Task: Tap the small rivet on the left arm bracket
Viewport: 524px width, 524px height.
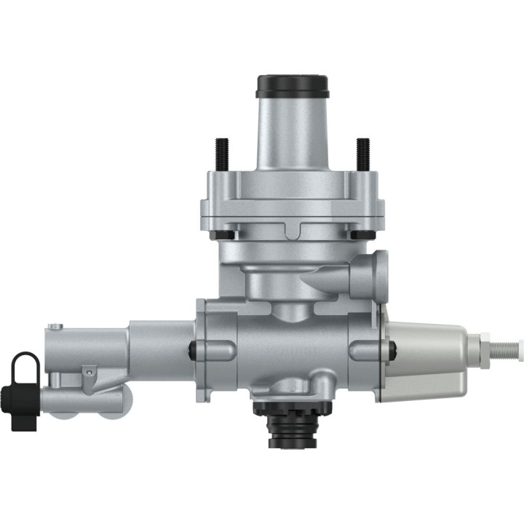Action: pyautogui.click(x=90, y=373)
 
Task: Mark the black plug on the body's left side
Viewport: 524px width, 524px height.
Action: pyautogui.click(x=191, y=350)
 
